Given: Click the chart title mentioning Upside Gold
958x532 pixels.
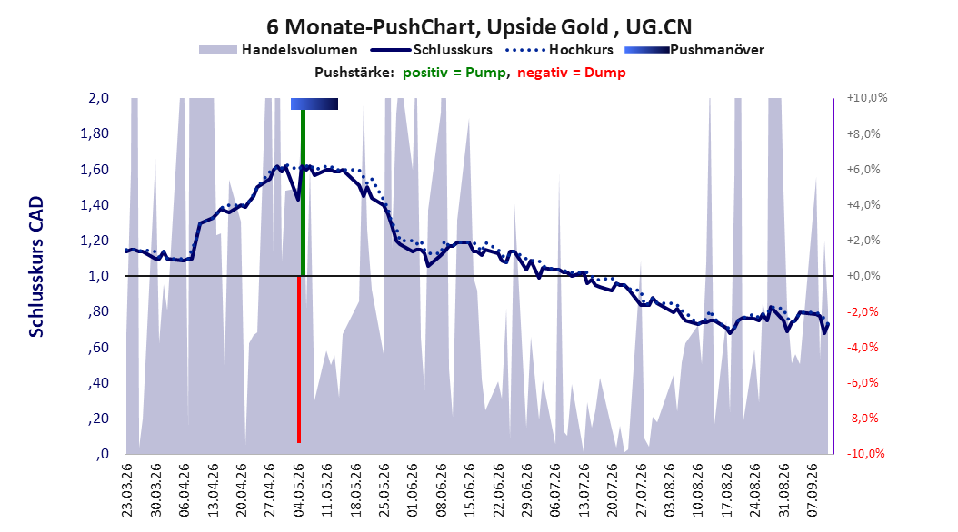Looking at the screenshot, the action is coord(479,27).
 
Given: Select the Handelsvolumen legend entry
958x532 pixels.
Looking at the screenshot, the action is coord(278,50).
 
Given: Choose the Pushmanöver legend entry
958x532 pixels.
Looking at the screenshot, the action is coord(694,50).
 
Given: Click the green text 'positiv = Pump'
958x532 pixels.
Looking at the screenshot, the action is coord(454,73).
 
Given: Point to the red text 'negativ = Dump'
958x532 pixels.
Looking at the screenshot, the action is coord(572,73).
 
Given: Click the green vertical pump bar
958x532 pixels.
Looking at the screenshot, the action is coord(303,192).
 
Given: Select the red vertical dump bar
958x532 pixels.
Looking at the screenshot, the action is coord(299,360).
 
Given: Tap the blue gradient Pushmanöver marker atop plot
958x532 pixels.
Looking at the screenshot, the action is coord(314,103).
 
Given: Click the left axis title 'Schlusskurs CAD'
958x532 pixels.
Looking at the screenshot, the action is coord(36,267).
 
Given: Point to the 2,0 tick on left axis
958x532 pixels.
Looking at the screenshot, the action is coord(98,98).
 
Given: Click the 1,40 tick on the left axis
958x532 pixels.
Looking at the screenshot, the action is coord(95,205).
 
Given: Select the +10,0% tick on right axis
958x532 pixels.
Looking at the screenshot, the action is coord(867,98).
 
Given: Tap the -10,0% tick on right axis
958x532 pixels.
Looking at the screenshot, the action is coord(865,453).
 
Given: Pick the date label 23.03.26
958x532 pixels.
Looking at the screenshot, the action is coord(127,490).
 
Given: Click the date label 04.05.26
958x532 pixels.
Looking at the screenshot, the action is coord(299,490).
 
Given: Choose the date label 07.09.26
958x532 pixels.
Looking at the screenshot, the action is coord(813,490).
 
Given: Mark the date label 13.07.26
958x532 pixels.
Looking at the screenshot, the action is coord(584,490).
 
